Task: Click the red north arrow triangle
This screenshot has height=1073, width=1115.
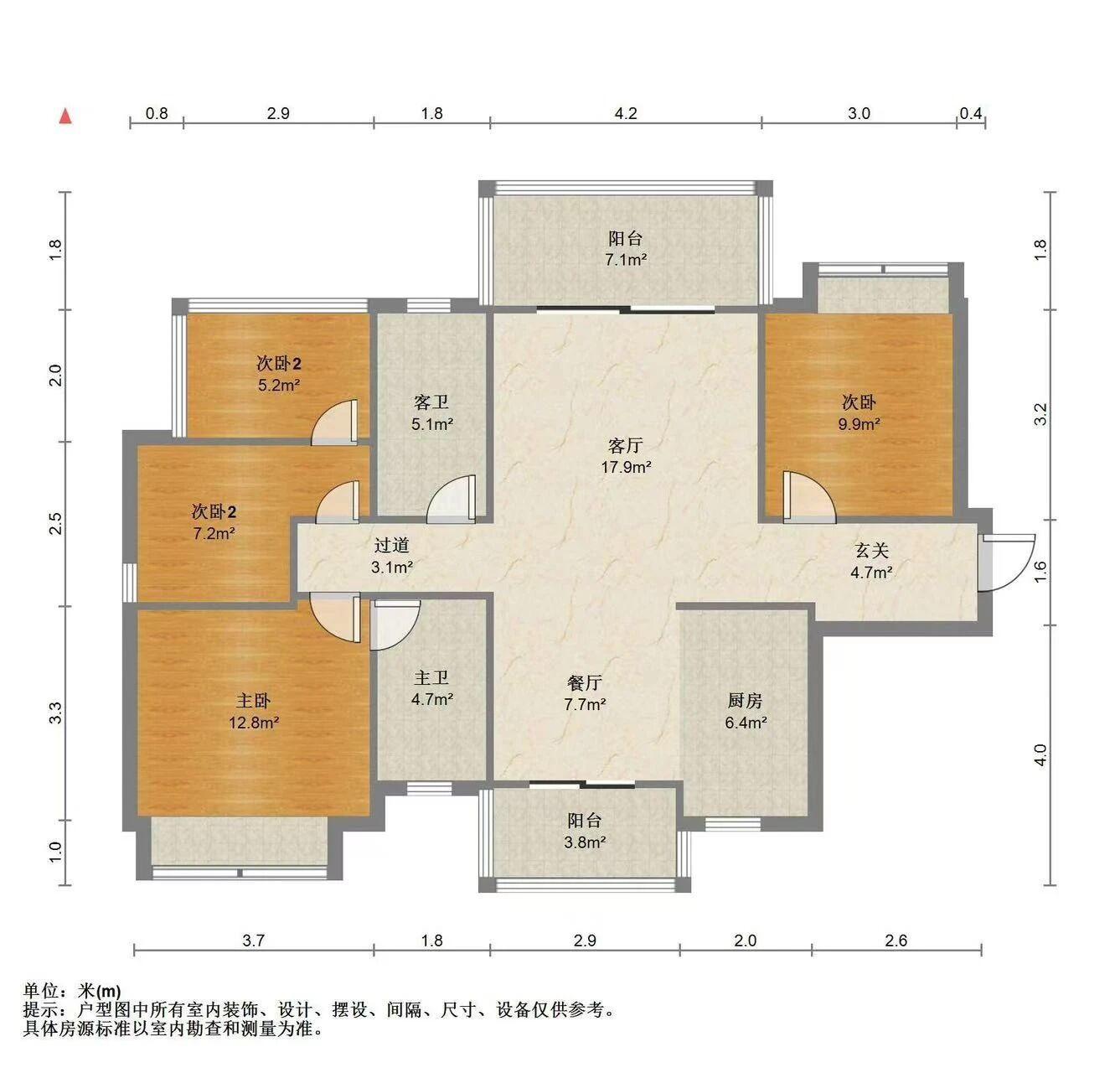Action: click(66, 117)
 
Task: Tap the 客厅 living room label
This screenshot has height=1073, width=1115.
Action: click(625, 445)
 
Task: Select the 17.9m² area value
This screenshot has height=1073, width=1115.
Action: click(626, 467)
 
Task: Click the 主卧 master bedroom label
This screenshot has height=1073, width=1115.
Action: click(253, 700)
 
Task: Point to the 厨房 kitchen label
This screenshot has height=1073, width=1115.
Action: click(745, 700)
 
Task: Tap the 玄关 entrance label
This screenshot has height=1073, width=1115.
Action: click(871, 551)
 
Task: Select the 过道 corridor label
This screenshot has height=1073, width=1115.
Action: click(391, 545)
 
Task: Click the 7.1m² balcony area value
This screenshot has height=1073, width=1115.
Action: click(626, 260)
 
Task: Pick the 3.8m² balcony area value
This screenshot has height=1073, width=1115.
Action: click(585, 842)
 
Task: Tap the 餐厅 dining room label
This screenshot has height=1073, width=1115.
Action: click(585, 682)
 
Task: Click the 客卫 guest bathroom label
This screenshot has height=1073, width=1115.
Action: click(431, 402)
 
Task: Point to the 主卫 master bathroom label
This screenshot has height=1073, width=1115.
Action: click(431, 678)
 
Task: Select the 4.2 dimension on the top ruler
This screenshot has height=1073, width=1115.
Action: click(626, 113)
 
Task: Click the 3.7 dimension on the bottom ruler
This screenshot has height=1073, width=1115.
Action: click(253, 941)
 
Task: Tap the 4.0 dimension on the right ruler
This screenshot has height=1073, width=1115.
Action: click(1040, 754)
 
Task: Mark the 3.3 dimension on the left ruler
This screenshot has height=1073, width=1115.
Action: click(55, 713)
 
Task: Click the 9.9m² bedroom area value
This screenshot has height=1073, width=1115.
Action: click(859, 424)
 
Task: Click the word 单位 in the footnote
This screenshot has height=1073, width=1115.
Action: click(41, 991)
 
